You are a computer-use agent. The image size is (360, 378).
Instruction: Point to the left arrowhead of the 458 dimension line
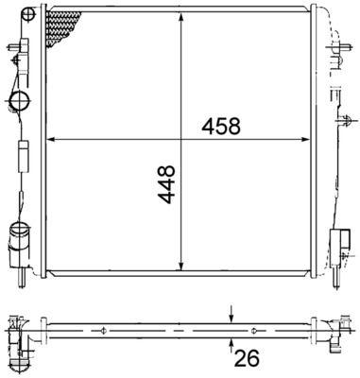pos(51,140)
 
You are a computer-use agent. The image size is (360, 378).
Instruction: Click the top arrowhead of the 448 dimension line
pos(180,17)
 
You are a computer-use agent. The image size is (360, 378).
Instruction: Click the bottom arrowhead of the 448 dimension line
pos(180,266)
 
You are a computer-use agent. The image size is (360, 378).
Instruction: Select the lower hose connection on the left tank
pos(18,232)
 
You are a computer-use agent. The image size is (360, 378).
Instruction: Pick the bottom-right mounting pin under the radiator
pos(337,277)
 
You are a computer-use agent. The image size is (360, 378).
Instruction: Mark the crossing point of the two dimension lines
pos(180,140)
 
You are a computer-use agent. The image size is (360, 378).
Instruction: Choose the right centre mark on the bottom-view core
pos(254,330)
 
